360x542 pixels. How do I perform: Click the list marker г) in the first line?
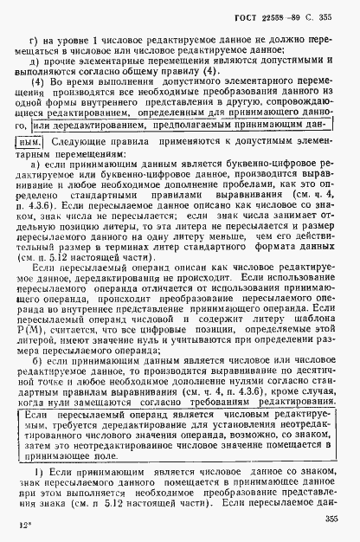point(36,41)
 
